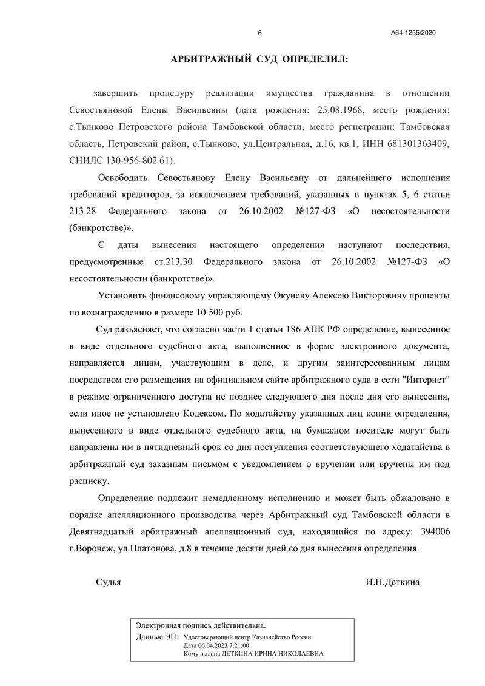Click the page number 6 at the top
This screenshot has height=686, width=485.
pyautogui.click(x=259, y=33)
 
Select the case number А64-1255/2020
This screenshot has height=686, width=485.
pyautogui.click(x=413, y=33)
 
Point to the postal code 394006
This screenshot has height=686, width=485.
pyautogui.click(x=433, y=531)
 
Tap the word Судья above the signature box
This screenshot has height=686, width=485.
pyautogui.click(x=109, y=582)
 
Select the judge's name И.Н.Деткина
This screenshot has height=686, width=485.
pyautogui.click(x=392, y=582)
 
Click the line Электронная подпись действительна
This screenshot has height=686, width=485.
pyautogui.click(x=201, y=625)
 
